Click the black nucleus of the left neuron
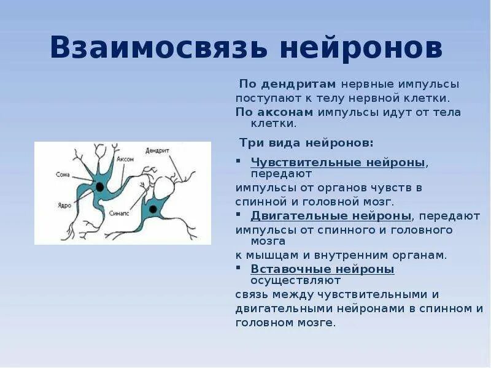tap(99, 185)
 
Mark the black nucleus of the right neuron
tap(152, 210)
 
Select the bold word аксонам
tap(288, 112)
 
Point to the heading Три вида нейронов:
tap(306, 142)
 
